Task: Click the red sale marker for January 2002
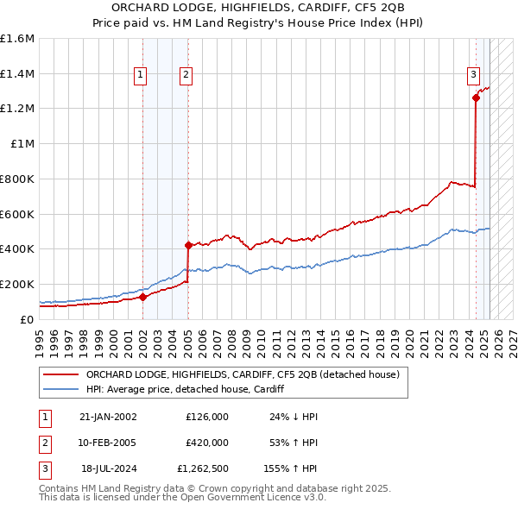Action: click(143, 298)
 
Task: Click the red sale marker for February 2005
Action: click(188, 245)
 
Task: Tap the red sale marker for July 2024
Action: click(476, 98)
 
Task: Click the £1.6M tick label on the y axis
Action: click(17, 39)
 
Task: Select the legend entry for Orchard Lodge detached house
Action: click(242, 375)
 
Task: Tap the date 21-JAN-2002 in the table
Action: click(108, 417)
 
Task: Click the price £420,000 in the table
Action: click(207, 443)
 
